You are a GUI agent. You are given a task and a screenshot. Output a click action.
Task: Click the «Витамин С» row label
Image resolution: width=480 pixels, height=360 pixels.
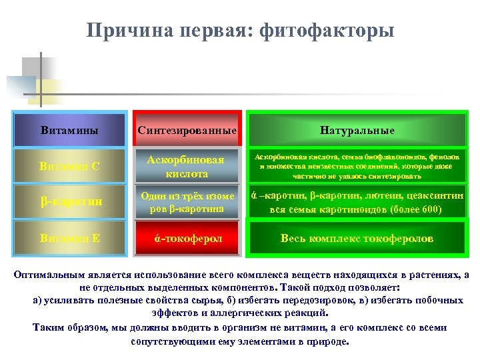tap(69, 166)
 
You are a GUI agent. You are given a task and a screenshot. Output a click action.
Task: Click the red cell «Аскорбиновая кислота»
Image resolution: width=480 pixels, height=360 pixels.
tap(187, 167)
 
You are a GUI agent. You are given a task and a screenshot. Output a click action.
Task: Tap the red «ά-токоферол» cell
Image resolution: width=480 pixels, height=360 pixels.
tap(187, 238)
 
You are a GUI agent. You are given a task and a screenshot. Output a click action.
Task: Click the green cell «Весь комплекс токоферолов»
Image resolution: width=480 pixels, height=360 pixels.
tap(357, 238)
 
